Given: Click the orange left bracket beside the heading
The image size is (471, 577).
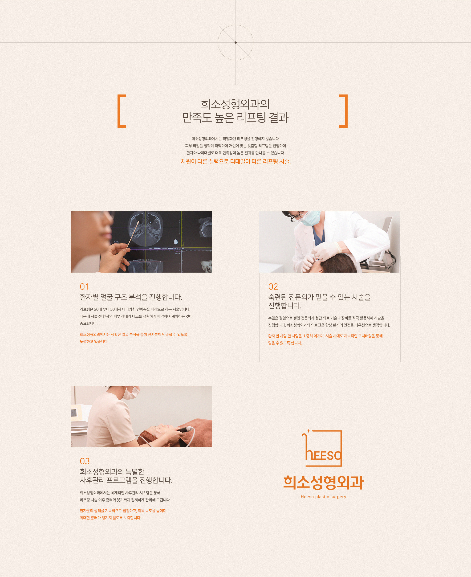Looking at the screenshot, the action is tap(118, 111).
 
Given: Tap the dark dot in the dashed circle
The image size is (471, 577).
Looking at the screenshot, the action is tap(235, 42).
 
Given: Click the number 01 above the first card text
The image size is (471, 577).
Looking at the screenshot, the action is tap(84, 286).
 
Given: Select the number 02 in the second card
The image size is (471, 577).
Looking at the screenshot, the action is tap(273, 286).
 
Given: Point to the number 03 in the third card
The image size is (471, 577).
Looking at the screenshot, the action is tap(85, 461).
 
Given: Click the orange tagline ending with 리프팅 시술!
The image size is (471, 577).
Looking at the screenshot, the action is tap(236, 161).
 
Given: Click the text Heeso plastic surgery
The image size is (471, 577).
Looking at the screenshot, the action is tap(323, 497).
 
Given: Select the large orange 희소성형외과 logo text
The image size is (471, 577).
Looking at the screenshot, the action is tap(323, 483).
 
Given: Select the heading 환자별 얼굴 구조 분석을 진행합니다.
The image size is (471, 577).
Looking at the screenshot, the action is tap(131, 297).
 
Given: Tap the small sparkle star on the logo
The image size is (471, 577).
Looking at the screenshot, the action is tap(308, 431).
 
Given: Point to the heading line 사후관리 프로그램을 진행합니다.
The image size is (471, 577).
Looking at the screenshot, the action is tap(126, 480).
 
